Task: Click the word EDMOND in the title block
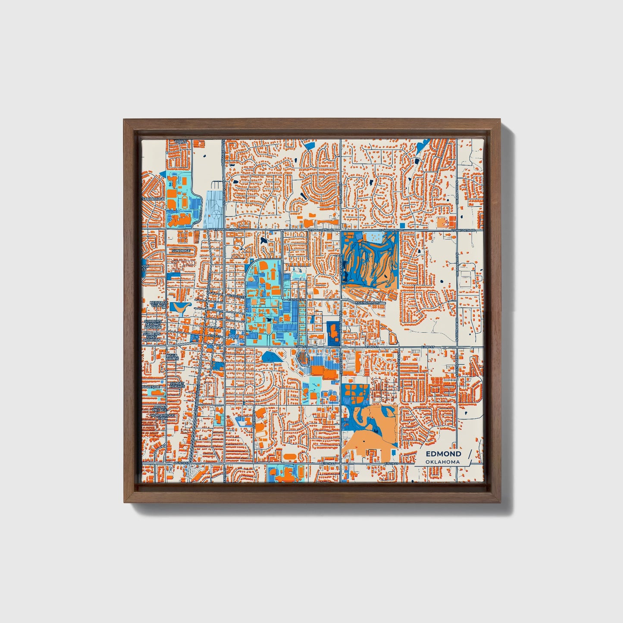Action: click(443, 454)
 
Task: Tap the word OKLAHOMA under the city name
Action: click(442, 462)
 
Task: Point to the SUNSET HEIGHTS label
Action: click(177, 385)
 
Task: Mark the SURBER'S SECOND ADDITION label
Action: click(152, 324)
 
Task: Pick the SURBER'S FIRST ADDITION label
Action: click(152, 337)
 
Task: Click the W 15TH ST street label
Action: click(182, 463)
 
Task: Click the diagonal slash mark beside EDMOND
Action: click(469, 457)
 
